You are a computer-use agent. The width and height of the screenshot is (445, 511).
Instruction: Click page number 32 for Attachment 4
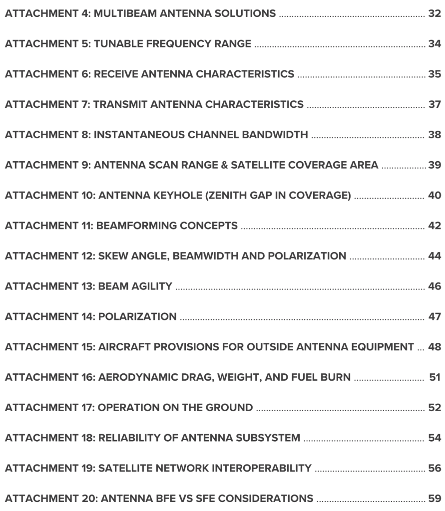[434, 12]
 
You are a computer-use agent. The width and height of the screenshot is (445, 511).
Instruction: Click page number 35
[434, 75]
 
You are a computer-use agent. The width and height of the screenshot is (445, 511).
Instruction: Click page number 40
[434, 197]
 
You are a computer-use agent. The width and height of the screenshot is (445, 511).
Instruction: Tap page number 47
[434, 318]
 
